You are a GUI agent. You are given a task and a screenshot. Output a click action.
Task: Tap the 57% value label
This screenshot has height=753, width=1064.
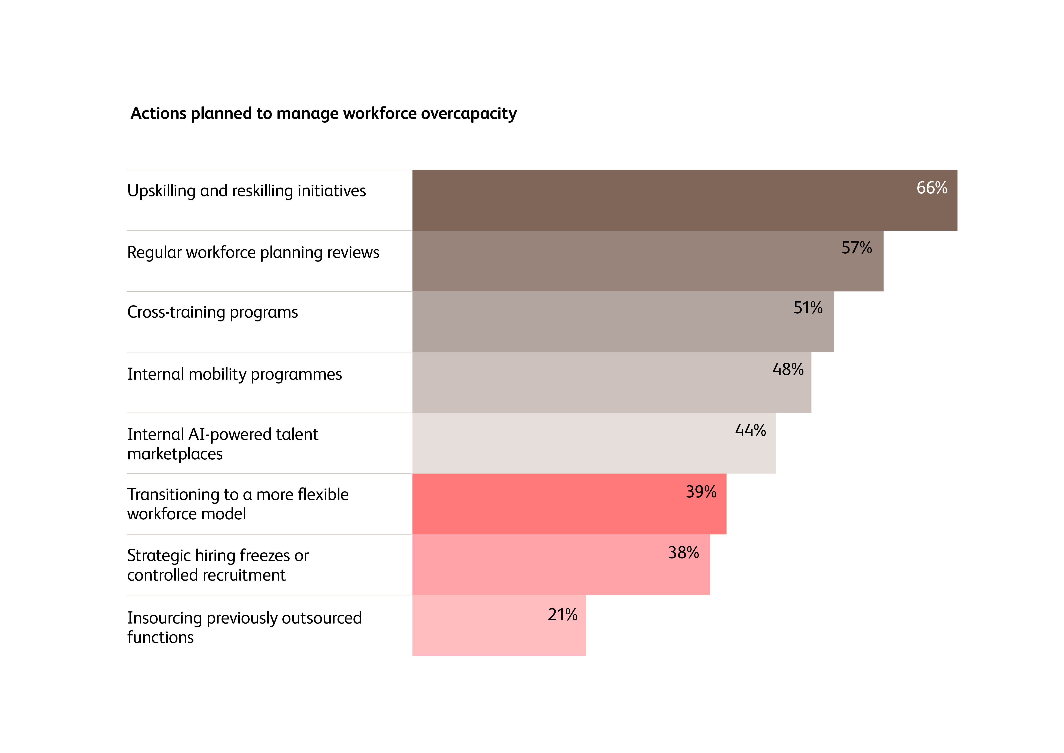(x=857, y=248)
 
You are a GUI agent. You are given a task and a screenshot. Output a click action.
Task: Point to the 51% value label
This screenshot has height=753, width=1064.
(x=808, y=308)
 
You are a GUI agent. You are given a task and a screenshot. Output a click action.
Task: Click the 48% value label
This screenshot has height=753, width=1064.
(x=788, y=369)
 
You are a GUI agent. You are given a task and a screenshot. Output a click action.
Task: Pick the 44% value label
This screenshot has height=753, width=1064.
(x=750, y=430)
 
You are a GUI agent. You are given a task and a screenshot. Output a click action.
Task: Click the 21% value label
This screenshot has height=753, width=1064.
(x=562, y=615)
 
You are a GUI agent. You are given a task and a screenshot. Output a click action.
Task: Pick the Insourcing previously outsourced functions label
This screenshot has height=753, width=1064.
(x=244, y=627)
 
